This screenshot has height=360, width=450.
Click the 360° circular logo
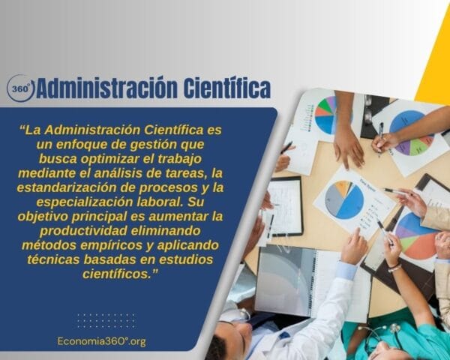point(20,88)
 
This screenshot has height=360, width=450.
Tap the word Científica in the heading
point(226,88)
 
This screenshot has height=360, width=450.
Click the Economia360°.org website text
point(101,341)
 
